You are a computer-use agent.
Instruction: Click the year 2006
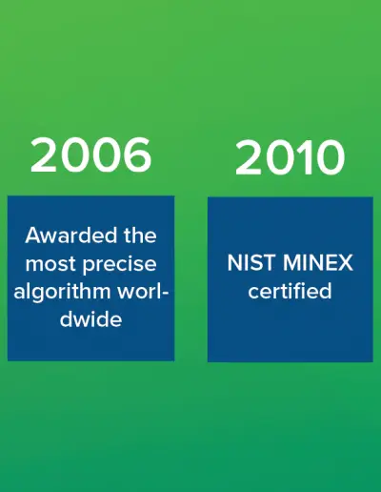pyautogui.click(x=90, y=155)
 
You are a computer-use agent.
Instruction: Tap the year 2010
pyautogui.click(x=290, y=157)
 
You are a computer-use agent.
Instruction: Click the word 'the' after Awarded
pyautogui.click(x=140, y=236)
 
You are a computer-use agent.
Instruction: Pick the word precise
pyautogui.click(x=120, y=264)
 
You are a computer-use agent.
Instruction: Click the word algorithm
pyautogui.click(x=62, y=292)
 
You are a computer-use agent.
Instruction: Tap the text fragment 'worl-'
pyautogui.click(x=143, y=292)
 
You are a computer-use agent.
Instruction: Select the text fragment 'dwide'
pyautogui.click(x=90, y=319)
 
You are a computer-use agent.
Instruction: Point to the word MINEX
pyautogui.click(x=318, y=263)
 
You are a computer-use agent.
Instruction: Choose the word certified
pyautogui.click(x=290, y=291)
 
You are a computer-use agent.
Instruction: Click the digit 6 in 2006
pyautogui.click(x=136, y=155)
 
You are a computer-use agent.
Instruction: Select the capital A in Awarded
pyautogui.click(x=33, y=236)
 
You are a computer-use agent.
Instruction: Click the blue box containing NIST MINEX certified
pyautogui.click(x=291, y=279)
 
